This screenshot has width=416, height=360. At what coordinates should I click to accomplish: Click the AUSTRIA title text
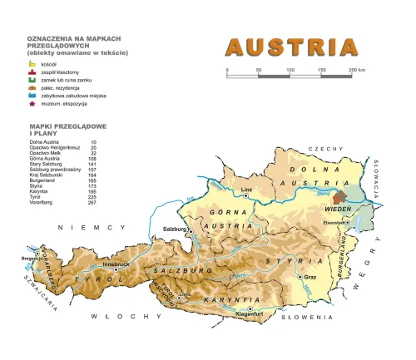point(293,47)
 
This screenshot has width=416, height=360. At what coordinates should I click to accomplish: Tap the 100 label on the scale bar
point(290,70)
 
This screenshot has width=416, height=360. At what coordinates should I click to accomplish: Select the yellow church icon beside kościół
point(32,63)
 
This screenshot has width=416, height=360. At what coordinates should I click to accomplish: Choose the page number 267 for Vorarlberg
point(92,203)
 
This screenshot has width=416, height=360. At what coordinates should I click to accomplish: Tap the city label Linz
point(245,190)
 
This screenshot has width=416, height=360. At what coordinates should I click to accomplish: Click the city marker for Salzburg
point(190,229)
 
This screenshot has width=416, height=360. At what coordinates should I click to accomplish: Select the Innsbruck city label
point(116,264)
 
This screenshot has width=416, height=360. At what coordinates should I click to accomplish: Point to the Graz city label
point(311,276)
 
